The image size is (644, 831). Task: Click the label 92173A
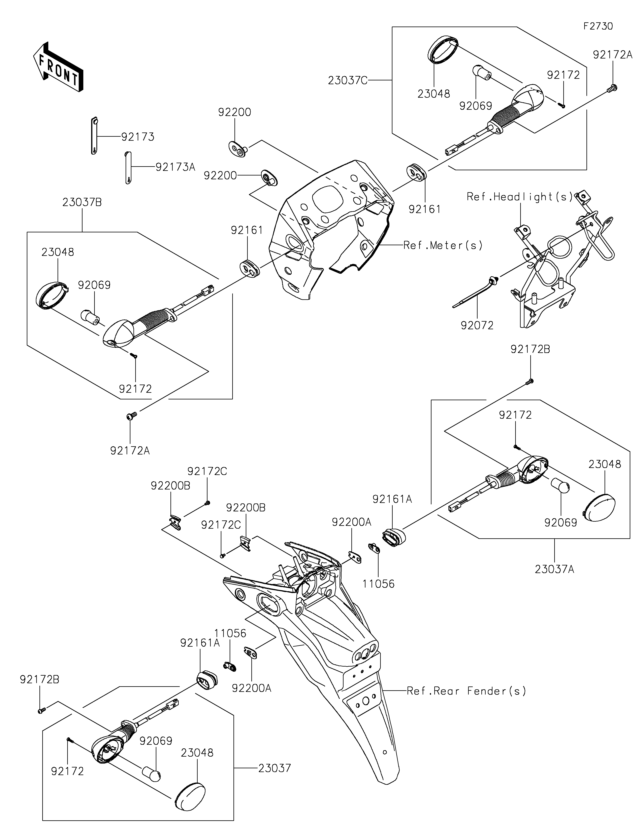[175, 167]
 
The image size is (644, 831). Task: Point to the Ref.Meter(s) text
[443, 245]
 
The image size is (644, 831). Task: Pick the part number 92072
[477, 325]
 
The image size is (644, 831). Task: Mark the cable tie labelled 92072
[476, 293]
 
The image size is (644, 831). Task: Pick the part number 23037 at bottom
[274, 768]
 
